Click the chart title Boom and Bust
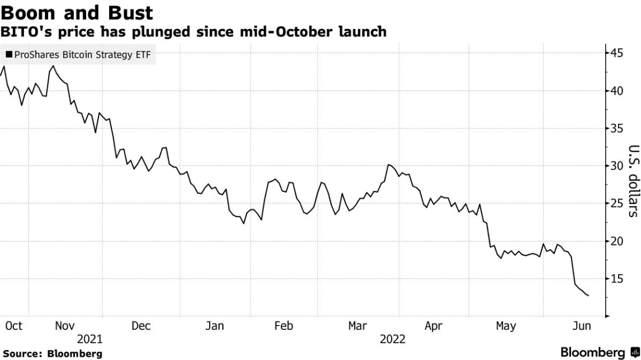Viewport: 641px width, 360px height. (x=78, y=12)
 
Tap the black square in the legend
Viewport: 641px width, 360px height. (x=9, y=55)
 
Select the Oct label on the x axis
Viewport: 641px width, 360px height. (x=13, y=326)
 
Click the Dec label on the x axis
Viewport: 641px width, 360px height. (x=141, y=326)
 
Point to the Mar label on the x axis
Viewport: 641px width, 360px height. (x=357, y=326)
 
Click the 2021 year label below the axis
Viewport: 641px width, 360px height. (x=89, y=339)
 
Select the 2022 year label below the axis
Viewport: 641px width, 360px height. (x=393, y=339)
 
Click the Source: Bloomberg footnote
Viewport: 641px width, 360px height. (x=53, y=354)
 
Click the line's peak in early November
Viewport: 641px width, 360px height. (x=53, y=66)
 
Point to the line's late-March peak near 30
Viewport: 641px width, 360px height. (x=388, y=165)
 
